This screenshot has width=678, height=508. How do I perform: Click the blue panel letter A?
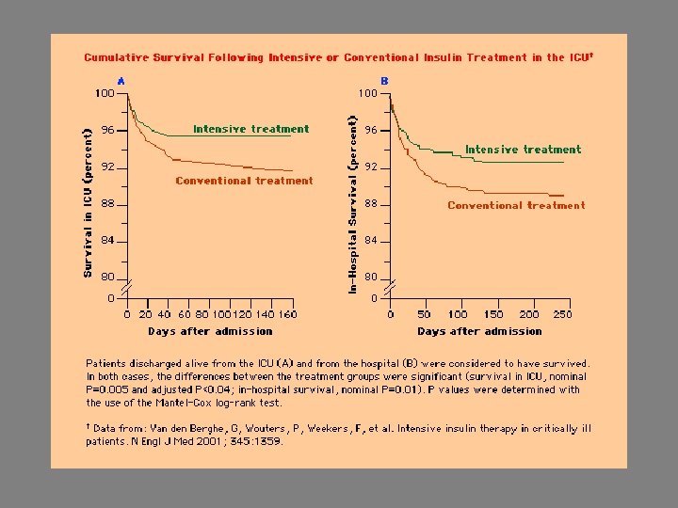click(x=121, y=81)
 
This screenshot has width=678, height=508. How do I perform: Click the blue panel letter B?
click(x=384, y=81)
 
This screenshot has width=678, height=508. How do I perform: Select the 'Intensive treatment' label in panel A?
click(x=250, y=129)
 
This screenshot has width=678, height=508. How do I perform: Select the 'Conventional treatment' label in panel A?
click(x=244, y=181)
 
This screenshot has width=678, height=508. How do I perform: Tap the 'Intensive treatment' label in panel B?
click(x=523, y=150)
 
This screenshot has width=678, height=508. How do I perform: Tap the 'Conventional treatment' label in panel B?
click(x=516, y=205)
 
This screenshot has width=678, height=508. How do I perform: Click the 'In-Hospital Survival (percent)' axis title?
click(x=353, y=203)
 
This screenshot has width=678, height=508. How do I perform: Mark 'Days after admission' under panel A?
click(x=210, y=331)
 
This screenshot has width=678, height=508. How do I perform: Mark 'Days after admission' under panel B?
click(x=479, y=331)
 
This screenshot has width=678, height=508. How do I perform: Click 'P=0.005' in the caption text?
click(x=105, y=389)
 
